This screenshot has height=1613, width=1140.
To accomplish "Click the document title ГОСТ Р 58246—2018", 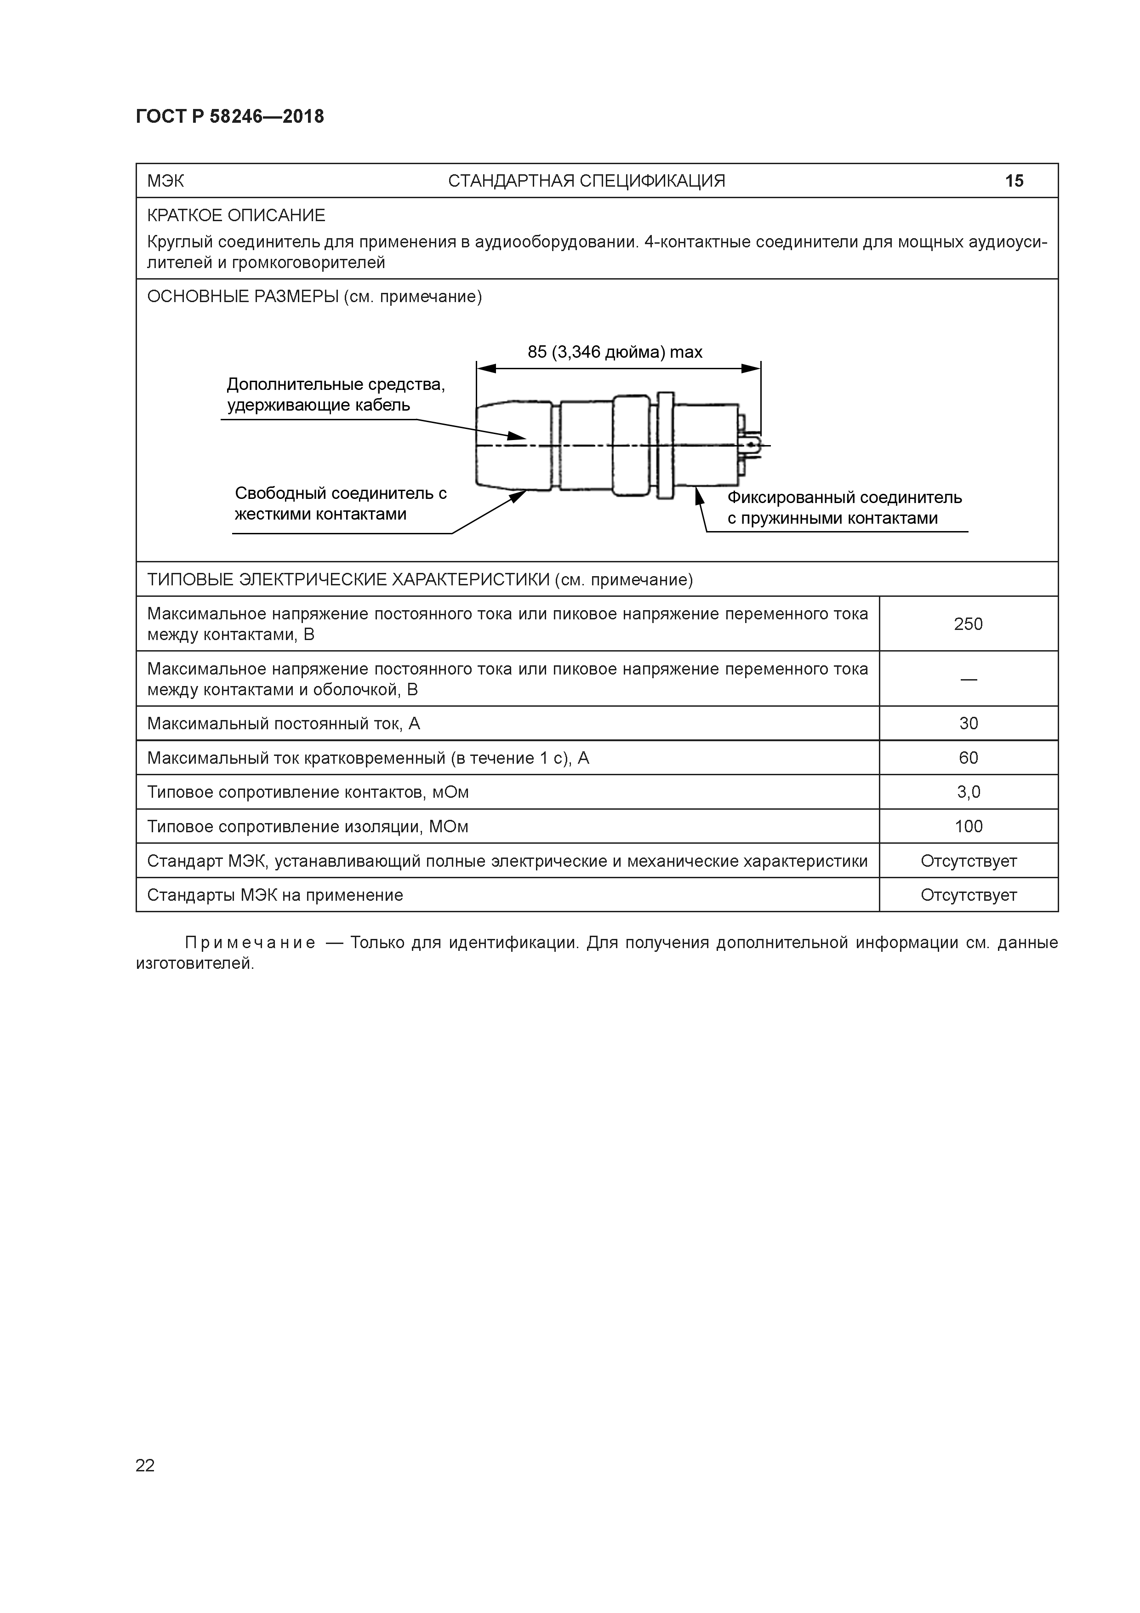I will (230, 117).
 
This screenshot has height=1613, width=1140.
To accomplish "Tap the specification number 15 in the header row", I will (1014, 181).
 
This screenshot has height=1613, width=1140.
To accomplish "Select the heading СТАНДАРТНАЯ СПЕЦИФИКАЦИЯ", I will (587, 181).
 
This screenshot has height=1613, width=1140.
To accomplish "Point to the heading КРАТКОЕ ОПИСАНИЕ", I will (236, 215).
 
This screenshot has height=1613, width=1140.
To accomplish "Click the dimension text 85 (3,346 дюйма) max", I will (615, 352).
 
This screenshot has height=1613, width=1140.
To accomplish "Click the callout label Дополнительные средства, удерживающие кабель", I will (335, 395).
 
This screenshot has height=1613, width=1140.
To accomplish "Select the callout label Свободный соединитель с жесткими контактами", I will (340, 503).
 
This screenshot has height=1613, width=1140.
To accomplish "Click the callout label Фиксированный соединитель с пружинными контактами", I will (844, 508).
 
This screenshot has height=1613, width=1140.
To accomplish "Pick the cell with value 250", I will (968, 624).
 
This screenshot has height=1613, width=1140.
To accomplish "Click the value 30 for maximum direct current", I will (968, 724).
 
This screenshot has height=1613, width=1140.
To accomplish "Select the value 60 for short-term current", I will (968, 758).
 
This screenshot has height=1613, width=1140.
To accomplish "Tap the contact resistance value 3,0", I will (968, 792).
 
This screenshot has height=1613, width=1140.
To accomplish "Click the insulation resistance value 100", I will (968, 827).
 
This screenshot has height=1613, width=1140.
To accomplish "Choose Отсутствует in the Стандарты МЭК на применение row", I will (968, 896).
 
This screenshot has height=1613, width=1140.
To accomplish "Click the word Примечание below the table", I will (249, 943).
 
